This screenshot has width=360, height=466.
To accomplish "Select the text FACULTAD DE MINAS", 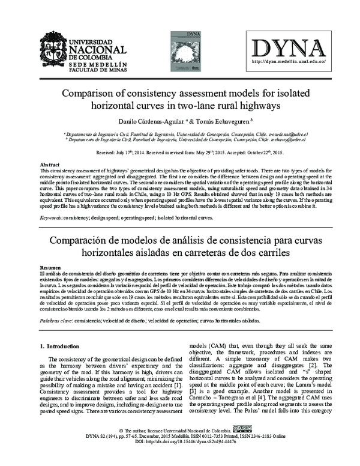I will click(x=97, y=70).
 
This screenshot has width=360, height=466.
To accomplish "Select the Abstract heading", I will click(x=49, y=165).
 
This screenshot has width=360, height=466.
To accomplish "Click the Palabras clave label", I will click(x=57, y=321).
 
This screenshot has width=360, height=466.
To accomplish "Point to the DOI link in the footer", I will click(x=179, y=459).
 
